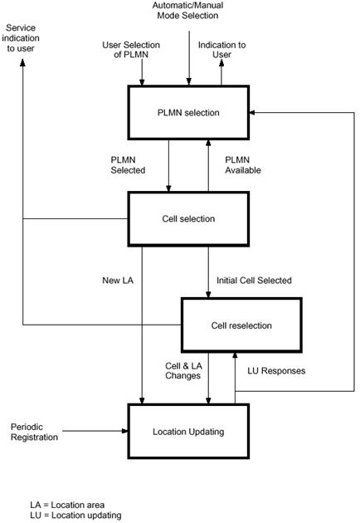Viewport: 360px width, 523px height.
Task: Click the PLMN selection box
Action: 188,112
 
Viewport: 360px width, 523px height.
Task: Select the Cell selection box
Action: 188,219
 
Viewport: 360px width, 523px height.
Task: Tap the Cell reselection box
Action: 241,325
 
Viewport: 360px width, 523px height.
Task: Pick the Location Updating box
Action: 188,432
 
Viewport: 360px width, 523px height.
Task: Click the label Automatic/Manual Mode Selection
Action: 187,10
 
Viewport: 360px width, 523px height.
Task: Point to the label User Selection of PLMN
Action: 131,49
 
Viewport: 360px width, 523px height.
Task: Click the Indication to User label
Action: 221,49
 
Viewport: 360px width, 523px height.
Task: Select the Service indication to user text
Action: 21,38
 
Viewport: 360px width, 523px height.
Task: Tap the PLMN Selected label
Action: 128,165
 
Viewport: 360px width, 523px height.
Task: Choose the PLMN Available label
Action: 243,165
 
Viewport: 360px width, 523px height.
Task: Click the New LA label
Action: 118,281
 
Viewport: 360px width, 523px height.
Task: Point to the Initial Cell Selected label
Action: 254,281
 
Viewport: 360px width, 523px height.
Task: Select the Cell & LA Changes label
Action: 183,370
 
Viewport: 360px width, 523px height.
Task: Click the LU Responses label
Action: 276,370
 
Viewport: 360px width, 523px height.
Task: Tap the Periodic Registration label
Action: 34,432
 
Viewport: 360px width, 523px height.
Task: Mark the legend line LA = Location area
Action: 67,505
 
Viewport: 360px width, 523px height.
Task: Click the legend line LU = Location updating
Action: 75,515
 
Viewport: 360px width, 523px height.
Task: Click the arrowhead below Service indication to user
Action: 22,63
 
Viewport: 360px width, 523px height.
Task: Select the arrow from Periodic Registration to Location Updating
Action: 95,431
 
